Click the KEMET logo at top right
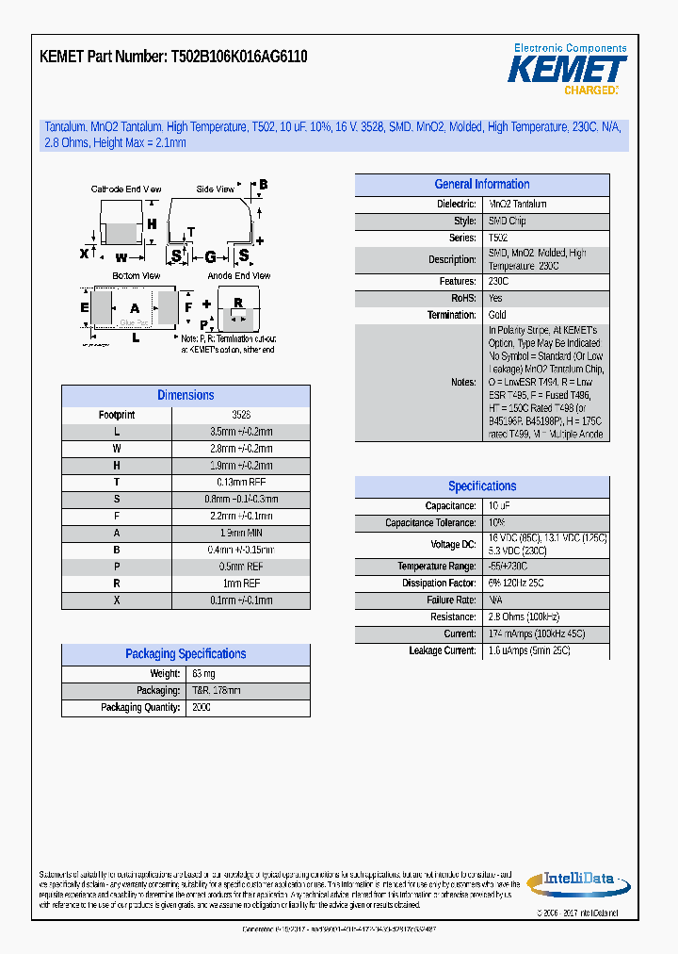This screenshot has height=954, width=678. tap(567, 69)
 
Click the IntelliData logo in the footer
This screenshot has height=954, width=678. tap(578, 880)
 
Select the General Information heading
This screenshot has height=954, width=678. tap(481, 185)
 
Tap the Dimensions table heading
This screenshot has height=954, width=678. tap(186, 396)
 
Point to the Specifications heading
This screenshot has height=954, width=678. tap(481, 486)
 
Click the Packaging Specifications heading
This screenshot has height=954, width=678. tap(186, 654)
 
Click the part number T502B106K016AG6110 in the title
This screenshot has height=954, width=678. tap(239, 57)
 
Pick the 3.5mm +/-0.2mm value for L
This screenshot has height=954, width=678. tap(240, 432)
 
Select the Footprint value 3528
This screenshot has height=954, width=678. tap(240, 415)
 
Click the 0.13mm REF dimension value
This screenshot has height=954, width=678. tap(240, 483)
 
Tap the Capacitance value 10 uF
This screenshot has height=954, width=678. tap(499, 506)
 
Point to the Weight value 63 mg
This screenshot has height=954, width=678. tap(203, 674)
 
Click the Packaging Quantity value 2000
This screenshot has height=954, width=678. tap(202, 708)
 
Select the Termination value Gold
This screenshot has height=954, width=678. tap(497, 315)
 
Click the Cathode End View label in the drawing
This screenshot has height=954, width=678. tap(125, 189)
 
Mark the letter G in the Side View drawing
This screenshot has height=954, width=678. tap(210, 256)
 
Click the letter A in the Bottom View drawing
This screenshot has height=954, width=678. tap(135, 308)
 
